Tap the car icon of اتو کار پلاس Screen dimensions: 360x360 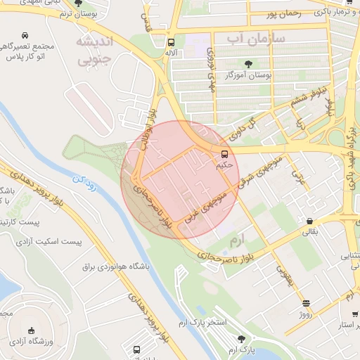[x=25, y=35]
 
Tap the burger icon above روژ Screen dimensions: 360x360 [x=305, y=304]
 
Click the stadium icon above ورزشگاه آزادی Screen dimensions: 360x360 [x=30, y=330]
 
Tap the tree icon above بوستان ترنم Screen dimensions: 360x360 [x=78, y=3]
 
